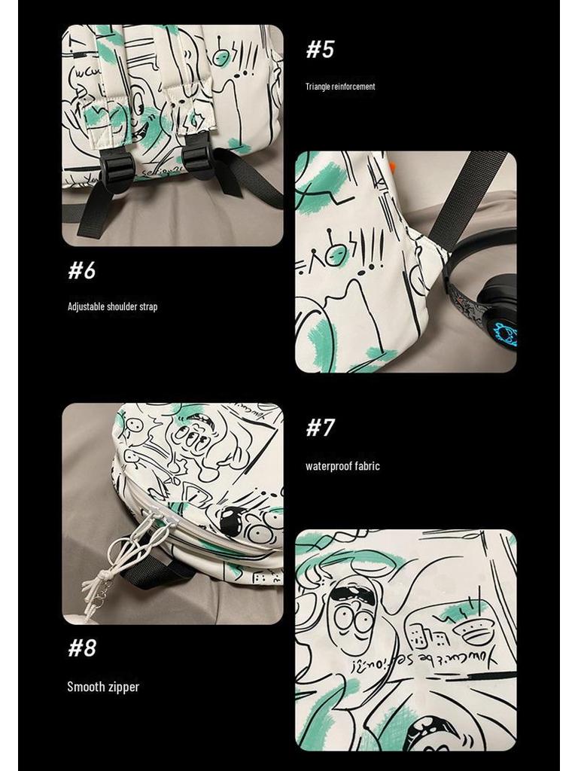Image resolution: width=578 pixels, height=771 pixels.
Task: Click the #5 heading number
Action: (320, 50)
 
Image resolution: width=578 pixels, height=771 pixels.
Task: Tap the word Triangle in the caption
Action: (318, 87)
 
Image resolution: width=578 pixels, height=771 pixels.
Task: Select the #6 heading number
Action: (82, 270)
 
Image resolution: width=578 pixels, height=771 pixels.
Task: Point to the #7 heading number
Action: (320, 428)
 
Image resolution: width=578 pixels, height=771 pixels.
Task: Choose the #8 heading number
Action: (82, 648)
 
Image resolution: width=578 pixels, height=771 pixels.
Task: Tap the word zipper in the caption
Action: (123, 687)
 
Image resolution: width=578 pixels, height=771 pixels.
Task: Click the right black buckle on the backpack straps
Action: (198, 156)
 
